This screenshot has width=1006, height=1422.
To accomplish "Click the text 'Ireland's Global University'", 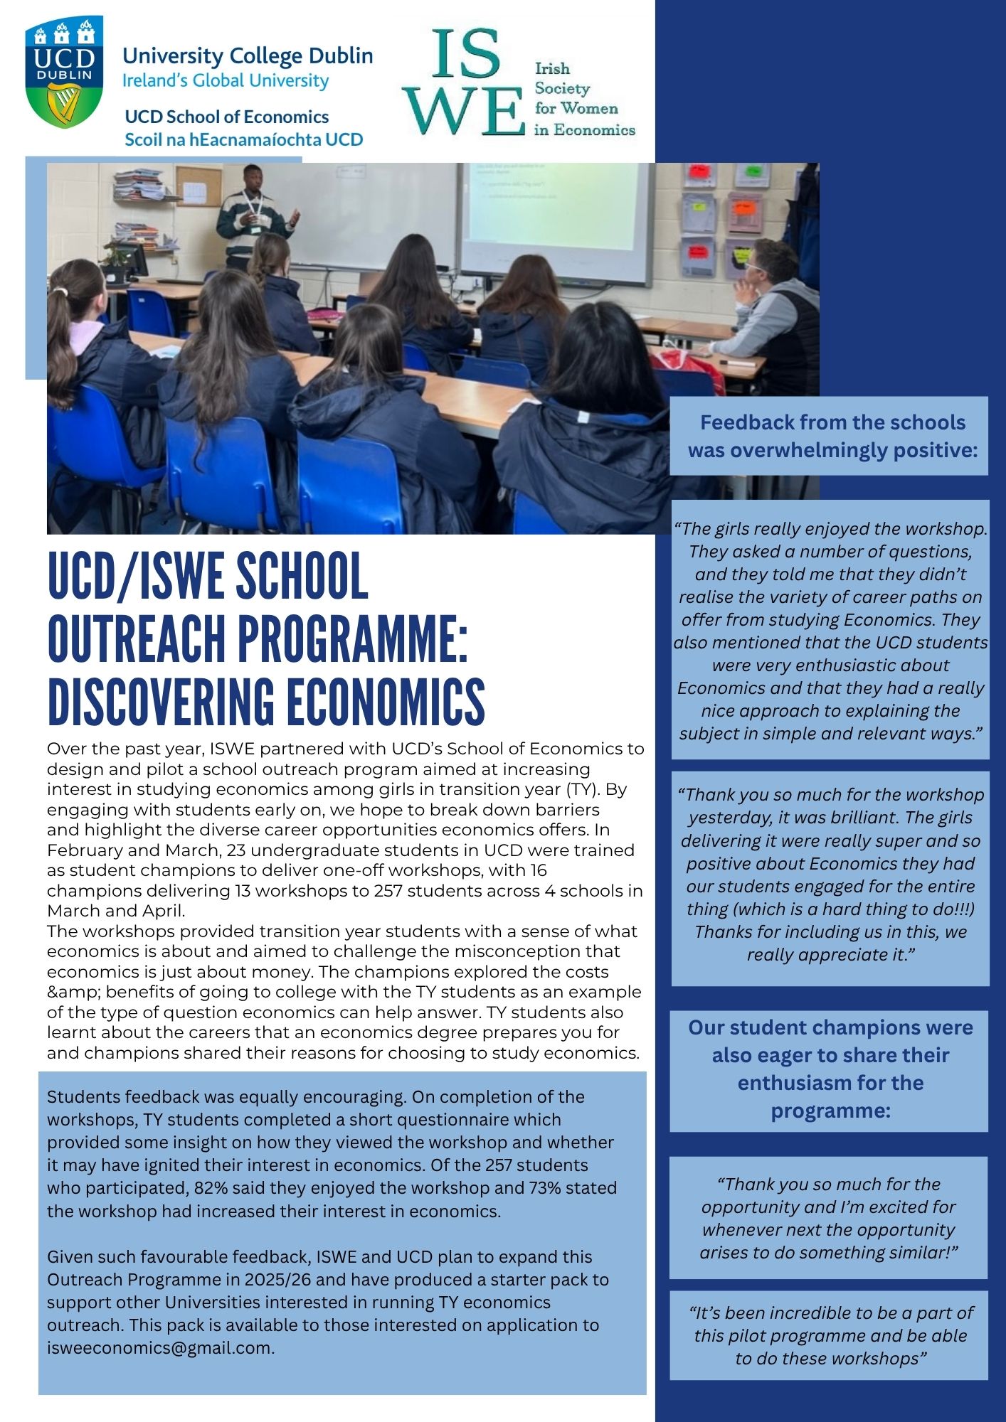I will coord(226,81).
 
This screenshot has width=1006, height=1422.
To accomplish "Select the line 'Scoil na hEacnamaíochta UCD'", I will coord(243,139).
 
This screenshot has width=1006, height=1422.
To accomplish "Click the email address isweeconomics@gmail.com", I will coord(161,1348).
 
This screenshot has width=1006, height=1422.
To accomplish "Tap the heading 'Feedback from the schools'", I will coord(832,422).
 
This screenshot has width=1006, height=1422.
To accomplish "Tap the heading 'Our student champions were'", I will coord(830,1027).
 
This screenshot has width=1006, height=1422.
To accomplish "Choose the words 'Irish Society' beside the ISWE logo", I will coord(562,78).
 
